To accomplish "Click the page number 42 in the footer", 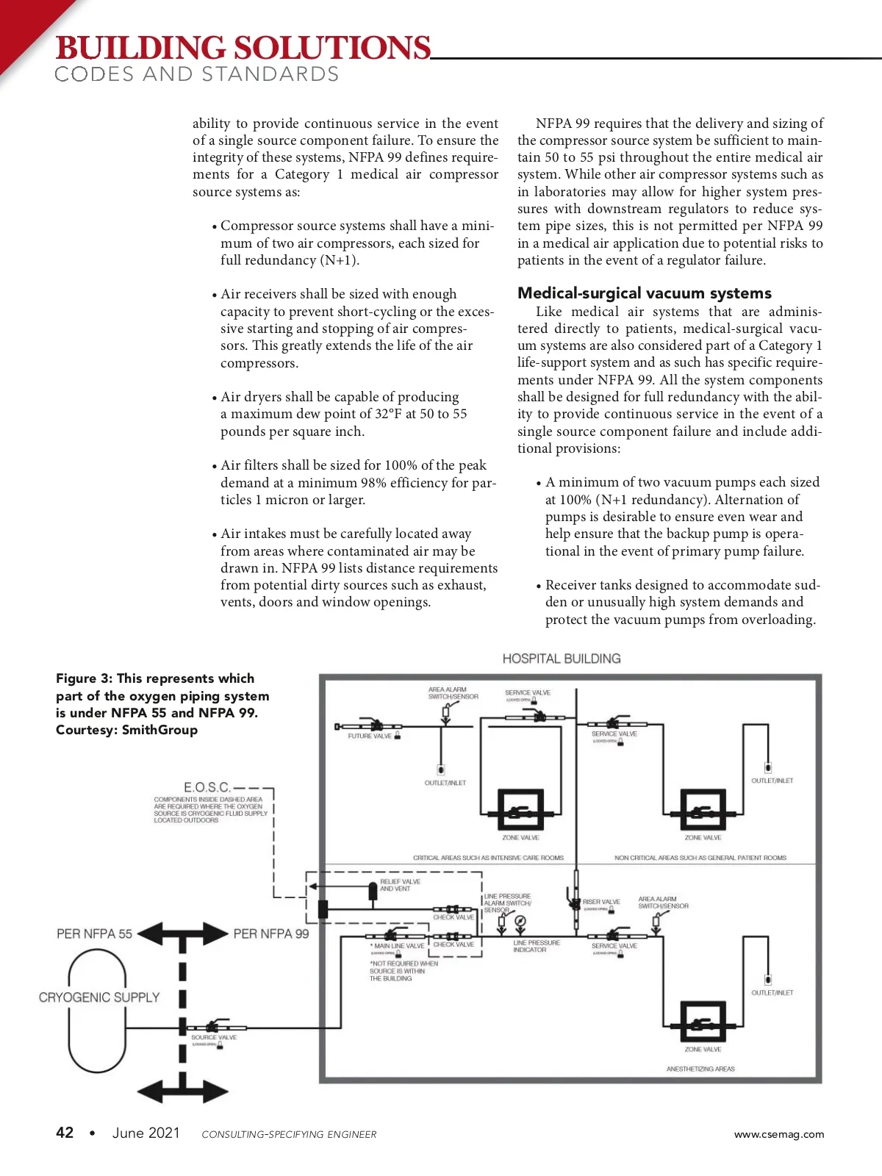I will (x=65, y=1133).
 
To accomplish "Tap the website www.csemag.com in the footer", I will (x=778, y=1134).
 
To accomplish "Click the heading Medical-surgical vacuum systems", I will (x=644, y=293).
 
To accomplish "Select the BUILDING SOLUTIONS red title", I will (x=243, y=49).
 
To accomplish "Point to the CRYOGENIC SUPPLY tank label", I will (x=99, y=997).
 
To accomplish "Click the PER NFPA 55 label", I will (x=94, y=934).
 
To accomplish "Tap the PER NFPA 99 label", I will (x=271, y=934).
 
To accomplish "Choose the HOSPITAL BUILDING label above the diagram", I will (x=562, y=659).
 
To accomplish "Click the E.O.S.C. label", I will (x=207, y=787).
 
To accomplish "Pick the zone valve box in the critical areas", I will (x=520, y=810).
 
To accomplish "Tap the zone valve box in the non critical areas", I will (x=703, y=810).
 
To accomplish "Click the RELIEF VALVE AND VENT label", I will (x=400, y=885).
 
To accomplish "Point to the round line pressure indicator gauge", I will (x=520, y=922).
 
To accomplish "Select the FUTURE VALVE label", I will (x=370, y=736).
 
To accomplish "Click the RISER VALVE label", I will (x=601, y=902).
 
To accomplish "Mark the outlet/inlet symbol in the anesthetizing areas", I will (x=768, y=980).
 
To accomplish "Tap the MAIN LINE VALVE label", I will (x=399, y=946).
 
